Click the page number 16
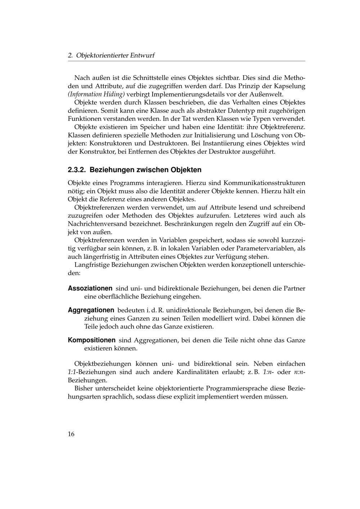(71, 434)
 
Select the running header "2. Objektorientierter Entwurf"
(111, 55)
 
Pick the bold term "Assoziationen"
(90, 288)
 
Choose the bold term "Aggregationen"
(91, 310)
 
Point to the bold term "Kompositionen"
(92, 340)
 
